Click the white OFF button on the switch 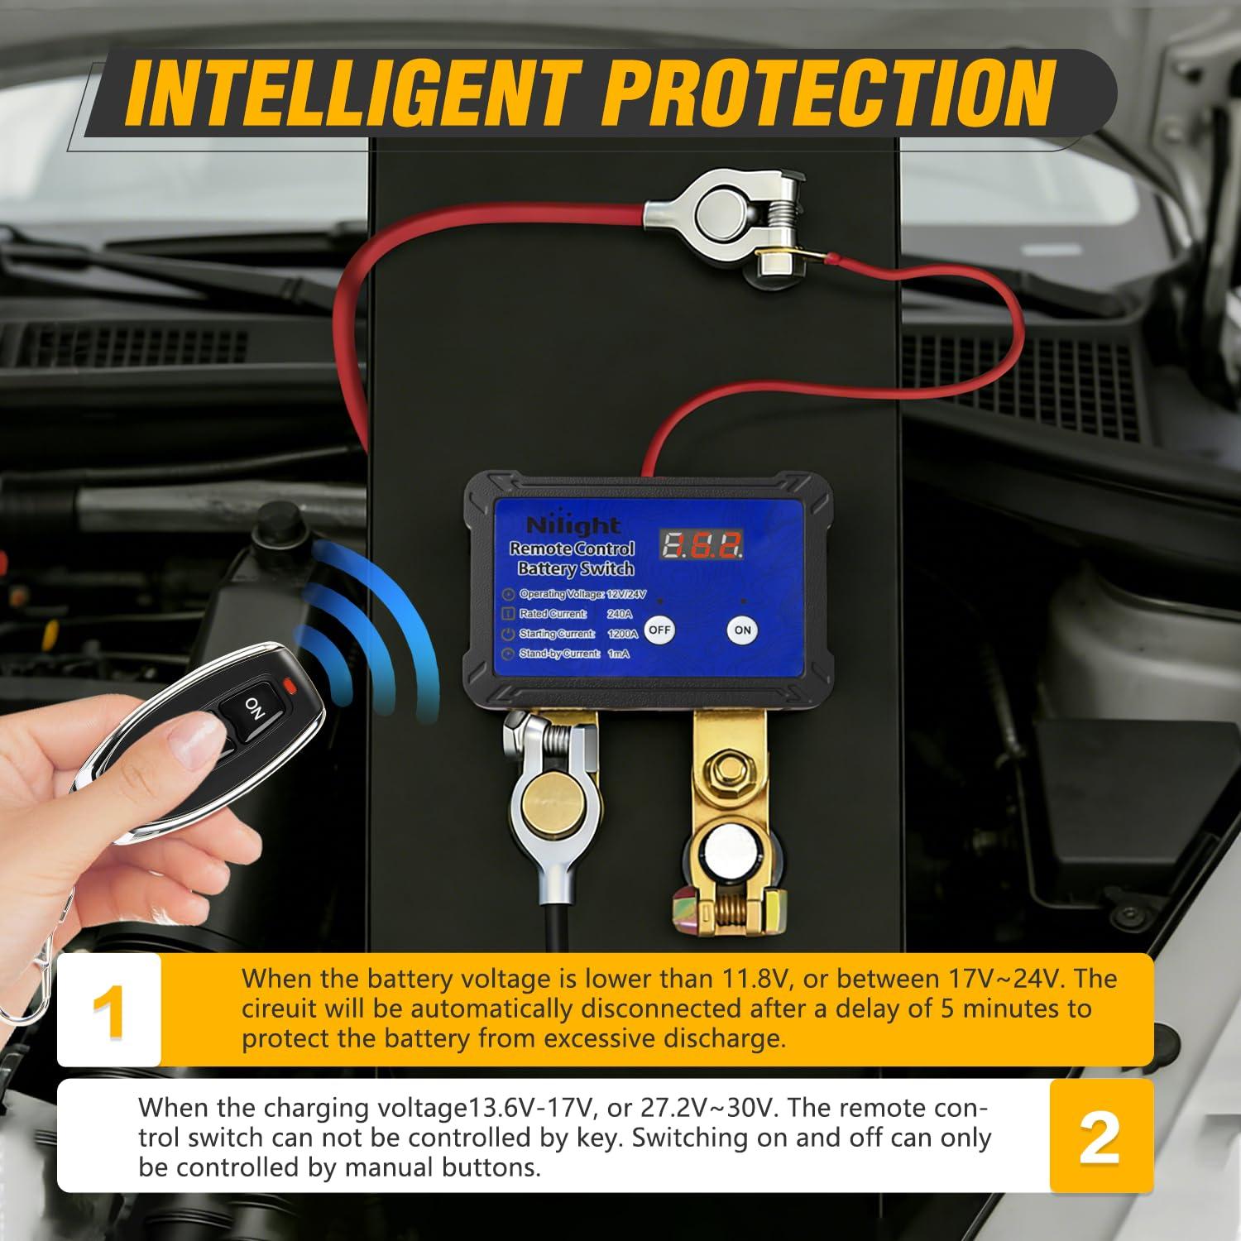pos(659,630)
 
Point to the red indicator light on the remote pos(288,684)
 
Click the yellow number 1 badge pos(109,1009)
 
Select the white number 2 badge pos(1100,1136)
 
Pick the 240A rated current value pos(619,613)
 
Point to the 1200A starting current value pos(622,634)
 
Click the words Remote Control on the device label pos(572,549)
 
